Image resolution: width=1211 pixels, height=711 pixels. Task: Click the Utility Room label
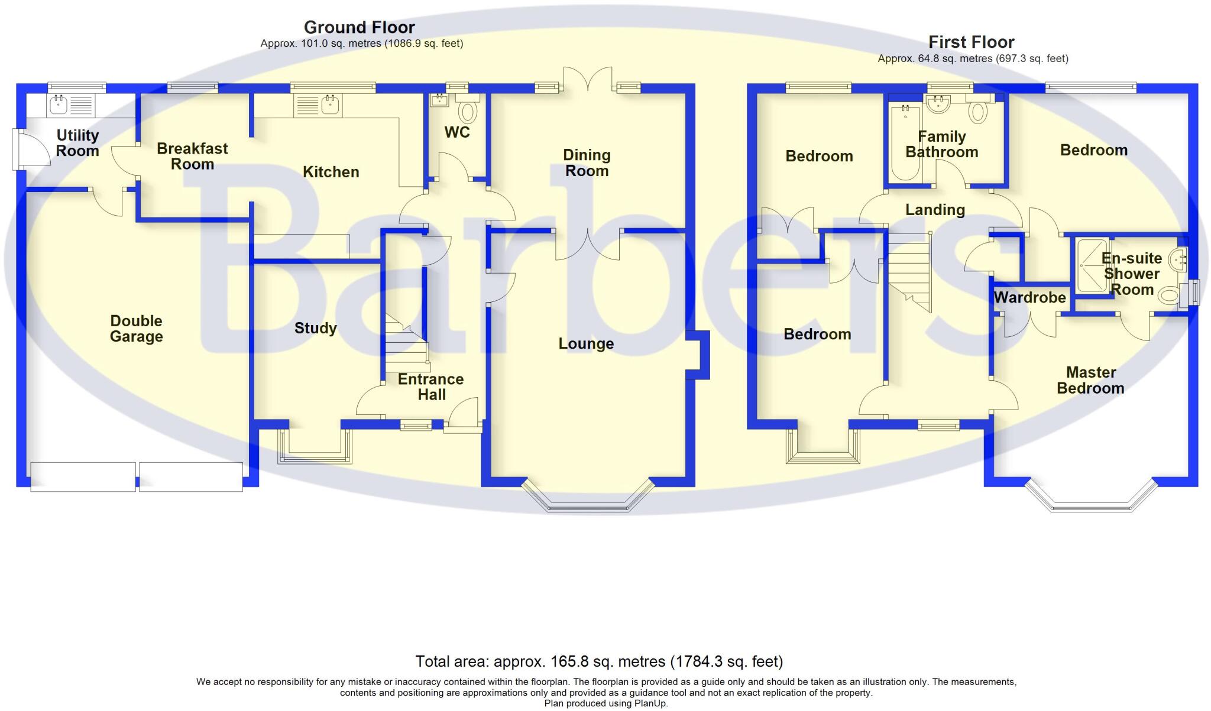coord(77,143)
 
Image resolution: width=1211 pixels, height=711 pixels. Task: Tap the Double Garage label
coord(137,329)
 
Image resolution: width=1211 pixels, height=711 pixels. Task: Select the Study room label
coord(316,329)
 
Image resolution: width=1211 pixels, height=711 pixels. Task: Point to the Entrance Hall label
coord(431,387)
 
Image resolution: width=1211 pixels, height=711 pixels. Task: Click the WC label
coord(457,132)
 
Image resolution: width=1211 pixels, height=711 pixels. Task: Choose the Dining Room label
coord(587,163)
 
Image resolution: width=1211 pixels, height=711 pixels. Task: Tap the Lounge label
coord(586,344)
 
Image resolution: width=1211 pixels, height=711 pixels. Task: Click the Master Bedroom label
coord(1091,380)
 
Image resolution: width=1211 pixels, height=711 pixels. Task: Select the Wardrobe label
coord(1030,297)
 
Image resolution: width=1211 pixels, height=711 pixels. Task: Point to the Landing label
coord(935,210)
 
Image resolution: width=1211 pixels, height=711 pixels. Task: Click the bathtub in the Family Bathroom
coord(905,142)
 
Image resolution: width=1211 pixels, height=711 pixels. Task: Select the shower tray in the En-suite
coord(1092,265)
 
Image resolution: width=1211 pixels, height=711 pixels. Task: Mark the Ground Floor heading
coord(360,27)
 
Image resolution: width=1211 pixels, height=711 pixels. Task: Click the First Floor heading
coord(972,42)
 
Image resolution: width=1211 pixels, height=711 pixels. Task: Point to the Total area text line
coord(599,661)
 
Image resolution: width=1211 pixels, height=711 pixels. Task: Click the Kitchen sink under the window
coord(330,105)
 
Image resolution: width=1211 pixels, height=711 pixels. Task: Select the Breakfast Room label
coord(192,156)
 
